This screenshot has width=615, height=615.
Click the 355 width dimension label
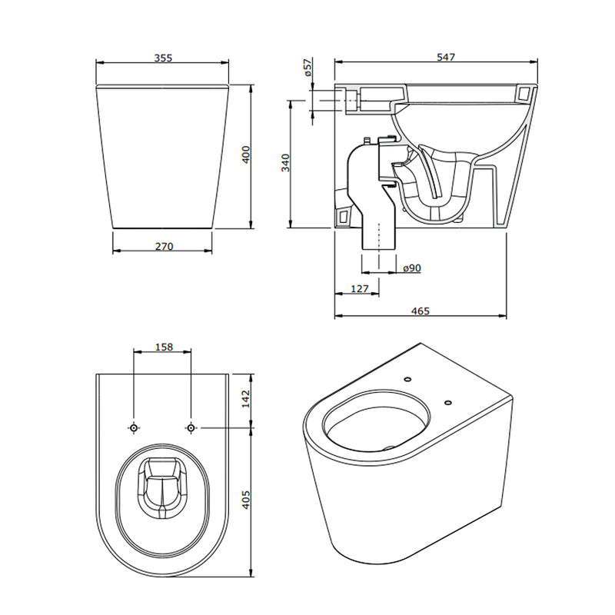click(163, 58)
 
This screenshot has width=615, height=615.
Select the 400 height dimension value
click(246, 155)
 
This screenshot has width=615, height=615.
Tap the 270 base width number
click(164, 246)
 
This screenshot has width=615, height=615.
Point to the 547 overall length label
click(446, 57)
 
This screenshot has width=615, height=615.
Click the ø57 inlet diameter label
click(308, 67)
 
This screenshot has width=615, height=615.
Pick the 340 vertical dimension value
click(285, 163)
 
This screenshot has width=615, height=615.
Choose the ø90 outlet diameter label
click(412, 268)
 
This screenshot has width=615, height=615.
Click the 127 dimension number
click(359, 289)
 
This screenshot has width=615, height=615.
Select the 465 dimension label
click(421, 311)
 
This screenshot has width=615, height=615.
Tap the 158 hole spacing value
click(164, 347)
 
